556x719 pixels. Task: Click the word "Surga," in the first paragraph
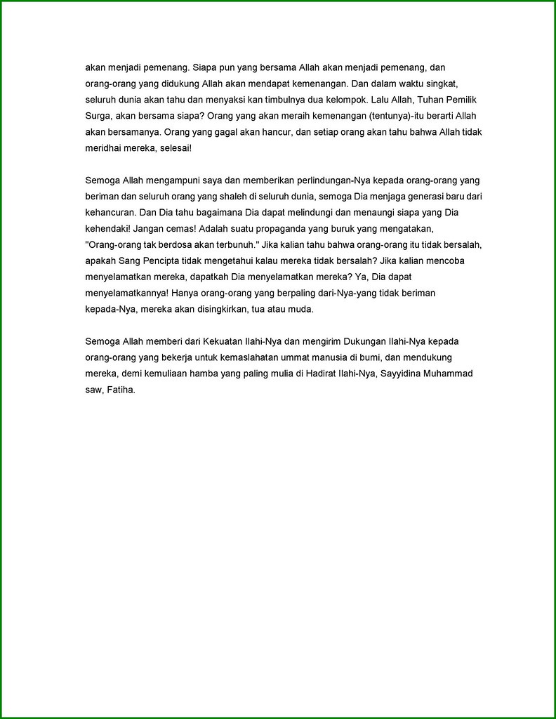coord(98,115)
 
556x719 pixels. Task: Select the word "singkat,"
coord(461,83)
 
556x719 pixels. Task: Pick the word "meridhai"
coord(102,148)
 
